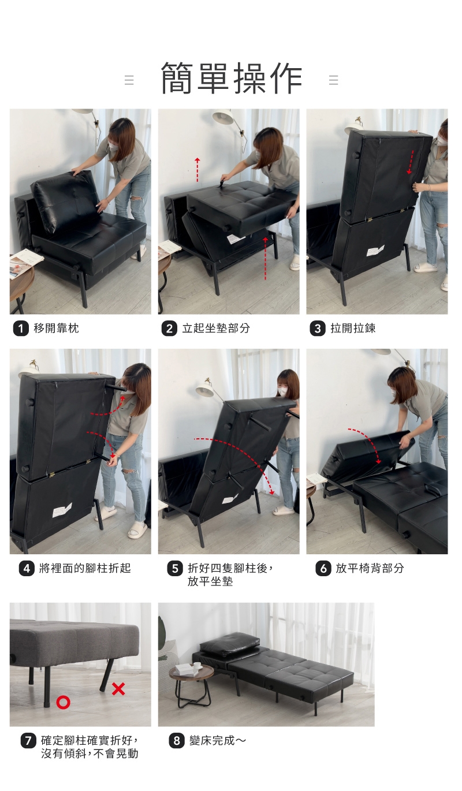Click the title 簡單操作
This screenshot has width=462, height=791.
click(x=232, y=78)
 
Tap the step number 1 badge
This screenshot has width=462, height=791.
click(x=21, y=329)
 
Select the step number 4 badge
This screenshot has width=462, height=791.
click(x=27, y=569)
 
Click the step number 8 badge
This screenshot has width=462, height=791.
click(x=177, y=741)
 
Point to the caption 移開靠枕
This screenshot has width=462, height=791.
click(x=56, y=329)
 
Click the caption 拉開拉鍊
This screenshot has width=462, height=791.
click(x=353, y=329)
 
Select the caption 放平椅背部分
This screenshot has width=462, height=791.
click(x=370, y=569)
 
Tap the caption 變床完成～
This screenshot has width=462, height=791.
click(x=218, y=741)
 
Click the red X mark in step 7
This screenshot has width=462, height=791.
click(x=118, y=689)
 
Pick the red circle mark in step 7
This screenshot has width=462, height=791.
click(x=63, y=702)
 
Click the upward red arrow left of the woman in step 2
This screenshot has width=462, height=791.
click(x=198, y=170)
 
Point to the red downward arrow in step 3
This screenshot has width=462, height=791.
click(x=411, y=162)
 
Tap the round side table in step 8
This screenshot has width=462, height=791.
click(x=191, y=688)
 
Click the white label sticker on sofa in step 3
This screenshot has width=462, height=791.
click(x=375, y=251)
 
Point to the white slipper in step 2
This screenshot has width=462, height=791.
click(x=294, y=263)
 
